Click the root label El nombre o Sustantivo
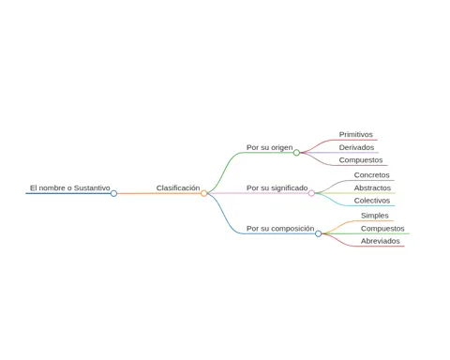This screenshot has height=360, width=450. tap(70, 187)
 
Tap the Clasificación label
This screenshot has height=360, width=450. tap(178, 187)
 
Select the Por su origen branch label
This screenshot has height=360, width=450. tap(270, 147)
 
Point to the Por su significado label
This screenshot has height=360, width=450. tap(277, 188)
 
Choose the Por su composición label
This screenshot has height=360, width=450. tap(280, 229)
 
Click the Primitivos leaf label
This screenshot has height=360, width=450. tap(356, 134)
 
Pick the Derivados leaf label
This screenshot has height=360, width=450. tap(356, 147)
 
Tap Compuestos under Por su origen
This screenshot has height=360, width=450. tap(361, 160)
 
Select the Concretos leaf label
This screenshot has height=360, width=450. tap(372, 175)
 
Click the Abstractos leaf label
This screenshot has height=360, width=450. tap(372, 187)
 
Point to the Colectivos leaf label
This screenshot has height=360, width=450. tap(372, 201)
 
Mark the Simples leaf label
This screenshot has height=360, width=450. tap(375, 216)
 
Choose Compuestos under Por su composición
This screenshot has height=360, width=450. tap(382, 229)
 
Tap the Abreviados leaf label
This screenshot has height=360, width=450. tap(381, 241)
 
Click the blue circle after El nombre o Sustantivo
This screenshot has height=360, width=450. tap(113, 193)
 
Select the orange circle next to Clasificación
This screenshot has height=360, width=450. tap(204, 193)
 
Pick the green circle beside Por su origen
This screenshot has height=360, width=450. tap(296, 153)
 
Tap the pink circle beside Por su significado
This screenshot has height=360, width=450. tap(311, 193)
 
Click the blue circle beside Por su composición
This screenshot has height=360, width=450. tap(319, 233)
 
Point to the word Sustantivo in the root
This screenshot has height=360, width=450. tap(92, 187)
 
